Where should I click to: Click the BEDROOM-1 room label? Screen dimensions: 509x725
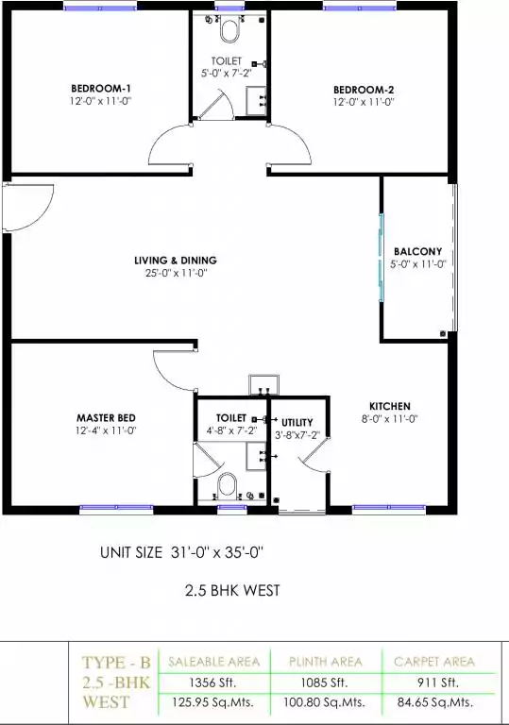(101, 89)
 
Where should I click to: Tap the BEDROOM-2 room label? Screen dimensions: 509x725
(364, 90)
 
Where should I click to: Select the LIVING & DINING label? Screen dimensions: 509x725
(176, 261)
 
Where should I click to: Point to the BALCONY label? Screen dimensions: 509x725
(417, 251)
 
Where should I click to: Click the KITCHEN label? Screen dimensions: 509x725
(390, 407)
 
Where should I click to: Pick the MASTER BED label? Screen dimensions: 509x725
(106, 418)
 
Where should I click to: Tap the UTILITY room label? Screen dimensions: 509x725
(297, 423)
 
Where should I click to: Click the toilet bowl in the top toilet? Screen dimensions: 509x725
(230, 31)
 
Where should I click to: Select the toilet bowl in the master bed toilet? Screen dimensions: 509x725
(228, 484)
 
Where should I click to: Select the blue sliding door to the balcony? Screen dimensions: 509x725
(382, 258)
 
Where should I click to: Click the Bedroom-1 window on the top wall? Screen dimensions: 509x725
(100, 7)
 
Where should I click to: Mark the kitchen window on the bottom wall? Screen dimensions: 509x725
(389, 509)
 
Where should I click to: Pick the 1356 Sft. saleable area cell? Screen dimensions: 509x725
(213, 682)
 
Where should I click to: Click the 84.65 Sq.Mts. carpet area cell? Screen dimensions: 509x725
(435, 702)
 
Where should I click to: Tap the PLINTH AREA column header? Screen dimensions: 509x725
(326, 662)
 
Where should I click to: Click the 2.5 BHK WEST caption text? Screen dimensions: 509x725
(232, 590)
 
